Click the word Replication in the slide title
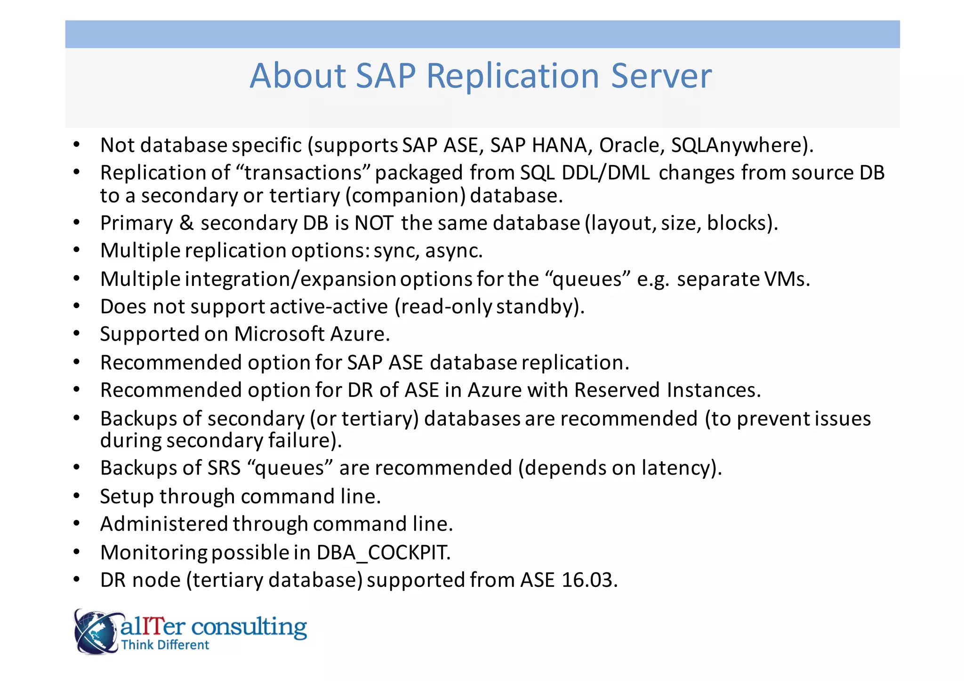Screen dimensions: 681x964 coord(513,76)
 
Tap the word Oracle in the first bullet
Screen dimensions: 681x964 coord(631,145)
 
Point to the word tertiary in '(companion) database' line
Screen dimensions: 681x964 coord(304,196)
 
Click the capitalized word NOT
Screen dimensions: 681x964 coord(374,223)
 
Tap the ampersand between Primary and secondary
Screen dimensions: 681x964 coord(186,223)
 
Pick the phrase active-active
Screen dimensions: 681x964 coord(329,307)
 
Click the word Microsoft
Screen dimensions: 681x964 coord(279,334)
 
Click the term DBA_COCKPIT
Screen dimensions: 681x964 coord(383,553)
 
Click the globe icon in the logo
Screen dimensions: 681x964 coord(96,632)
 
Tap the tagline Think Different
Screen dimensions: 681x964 coord(165,645)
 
